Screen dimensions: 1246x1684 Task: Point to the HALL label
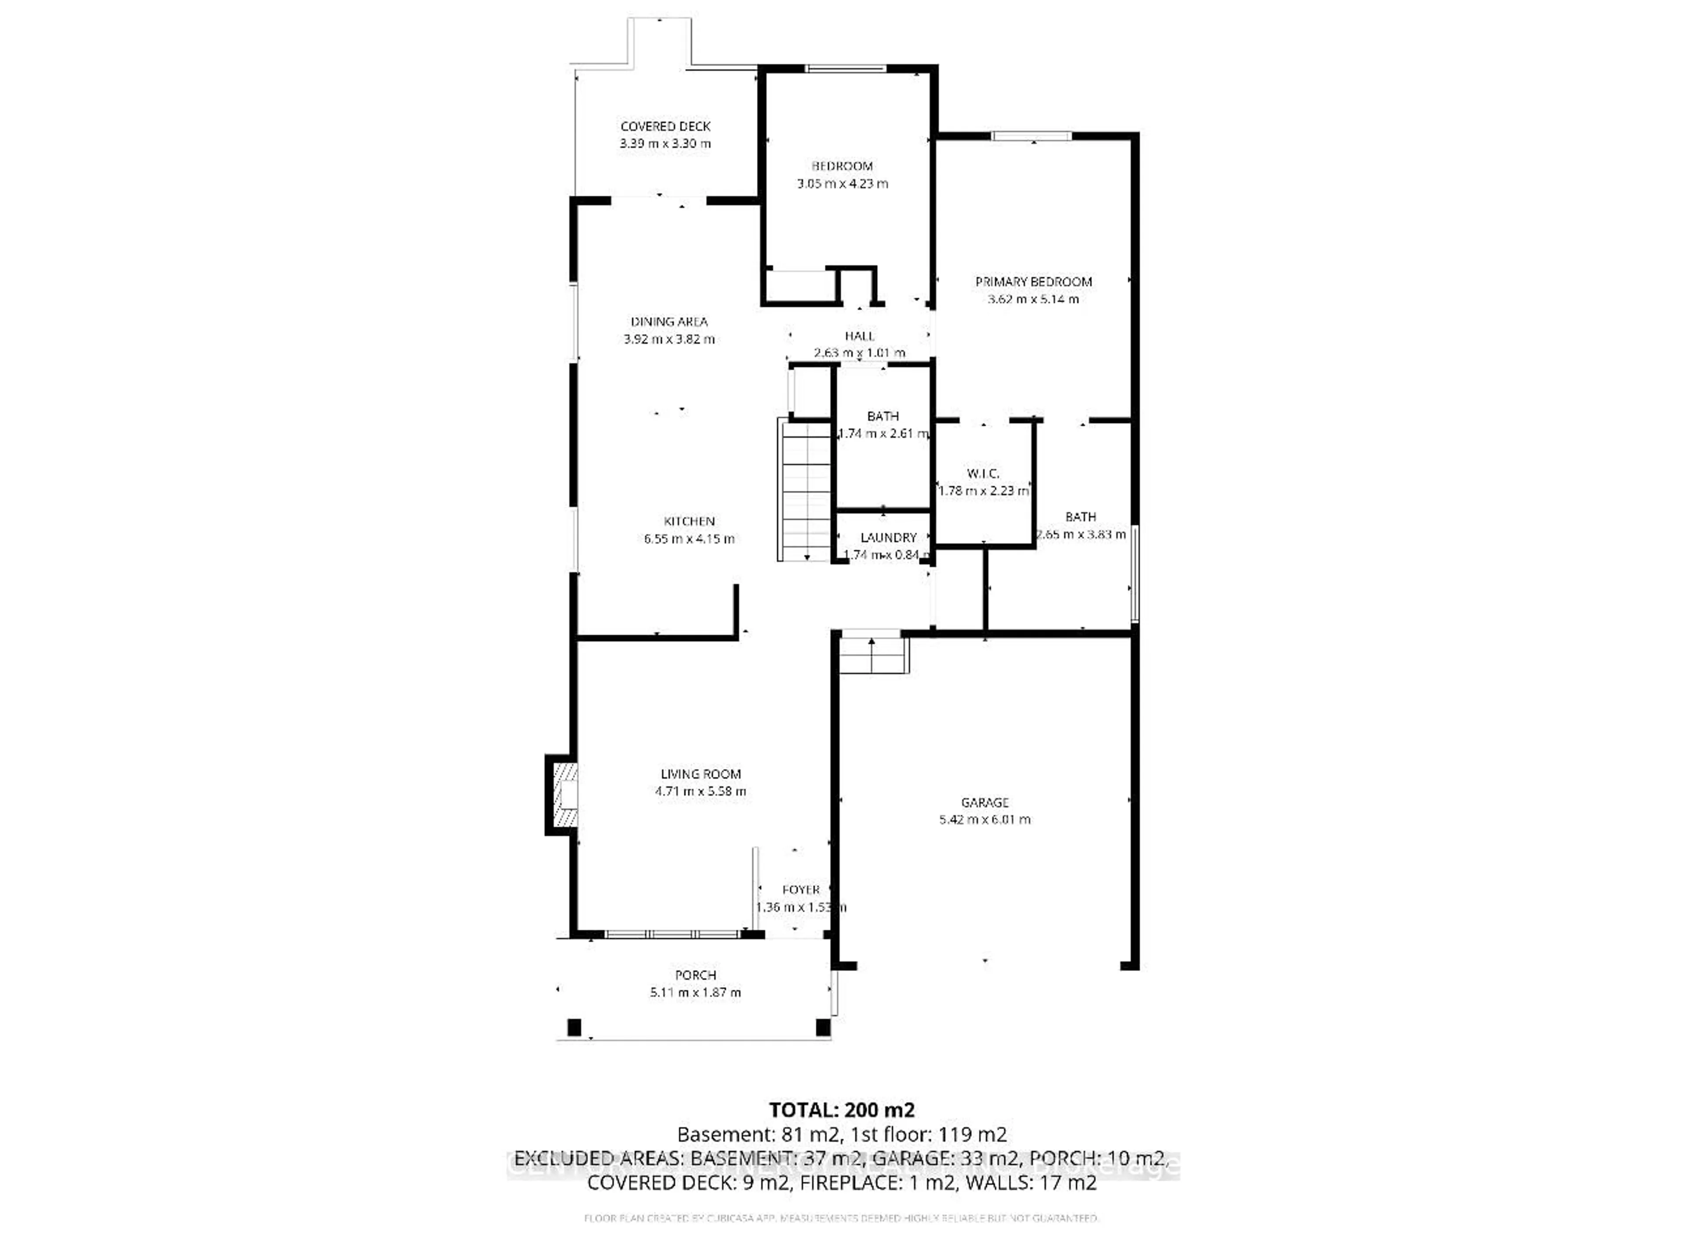860,336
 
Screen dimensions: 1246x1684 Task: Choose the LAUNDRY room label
888,537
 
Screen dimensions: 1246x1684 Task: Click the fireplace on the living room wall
564,795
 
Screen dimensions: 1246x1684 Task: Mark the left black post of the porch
574,1027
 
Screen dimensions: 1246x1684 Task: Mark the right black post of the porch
823,1027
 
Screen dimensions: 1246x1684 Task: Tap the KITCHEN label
689,521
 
